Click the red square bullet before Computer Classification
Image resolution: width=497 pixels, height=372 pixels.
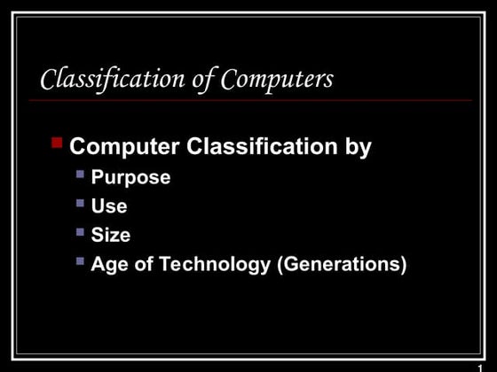tap(57, 142)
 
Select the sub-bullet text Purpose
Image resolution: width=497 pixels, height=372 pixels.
tap(130, 178)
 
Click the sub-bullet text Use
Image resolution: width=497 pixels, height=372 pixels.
tap(109, 206)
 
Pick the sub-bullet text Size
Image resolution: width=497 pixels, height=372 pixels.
tap(111, 235)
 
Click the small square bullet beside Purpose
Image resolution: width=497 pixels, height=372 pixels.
tap(81, 174)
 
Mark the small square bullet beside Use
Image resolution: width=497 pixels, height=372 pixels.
tap(81, 203)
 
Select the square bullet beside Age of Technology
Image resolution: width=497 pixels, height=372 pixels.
tap(81, 260)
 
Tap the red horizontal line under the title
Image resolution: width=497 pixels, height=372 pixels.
tap(248, 100)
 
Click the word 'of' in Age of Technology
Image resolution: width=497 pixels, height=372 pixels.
tap(141, 264)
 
